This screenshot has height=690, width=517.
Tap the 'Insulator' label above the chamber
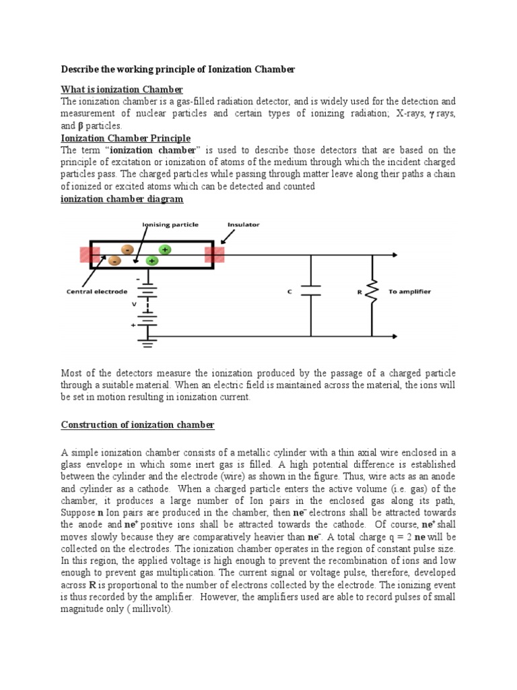point(243,224)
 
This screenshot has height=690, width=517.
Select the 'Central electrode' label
point(97,292)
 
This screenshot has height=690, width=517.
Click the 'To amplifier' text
point(410,292)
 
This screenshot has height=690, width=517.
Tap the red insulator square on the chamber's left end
point(90,255)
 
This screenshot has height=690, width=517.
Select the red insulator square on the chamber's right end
point(215,255)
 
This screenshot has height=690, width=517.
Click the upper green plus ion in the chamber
point(165,249)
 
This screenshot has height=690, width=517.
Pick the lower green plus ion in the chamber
point(152,260)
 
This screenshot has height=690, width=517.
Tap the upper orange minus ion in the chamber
point(127,249)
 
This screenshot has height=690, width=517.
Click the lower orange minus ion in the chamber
point(114,260)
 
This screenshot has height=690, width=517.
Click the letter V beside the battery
point(135,303)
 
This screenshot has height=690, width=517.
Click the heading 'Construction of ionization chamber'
point(137,425)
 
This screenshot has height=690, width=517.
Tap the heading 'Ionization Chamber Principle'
point(126,138)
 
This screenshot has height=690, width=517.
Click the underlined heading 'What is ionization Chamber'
point(122,90)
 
